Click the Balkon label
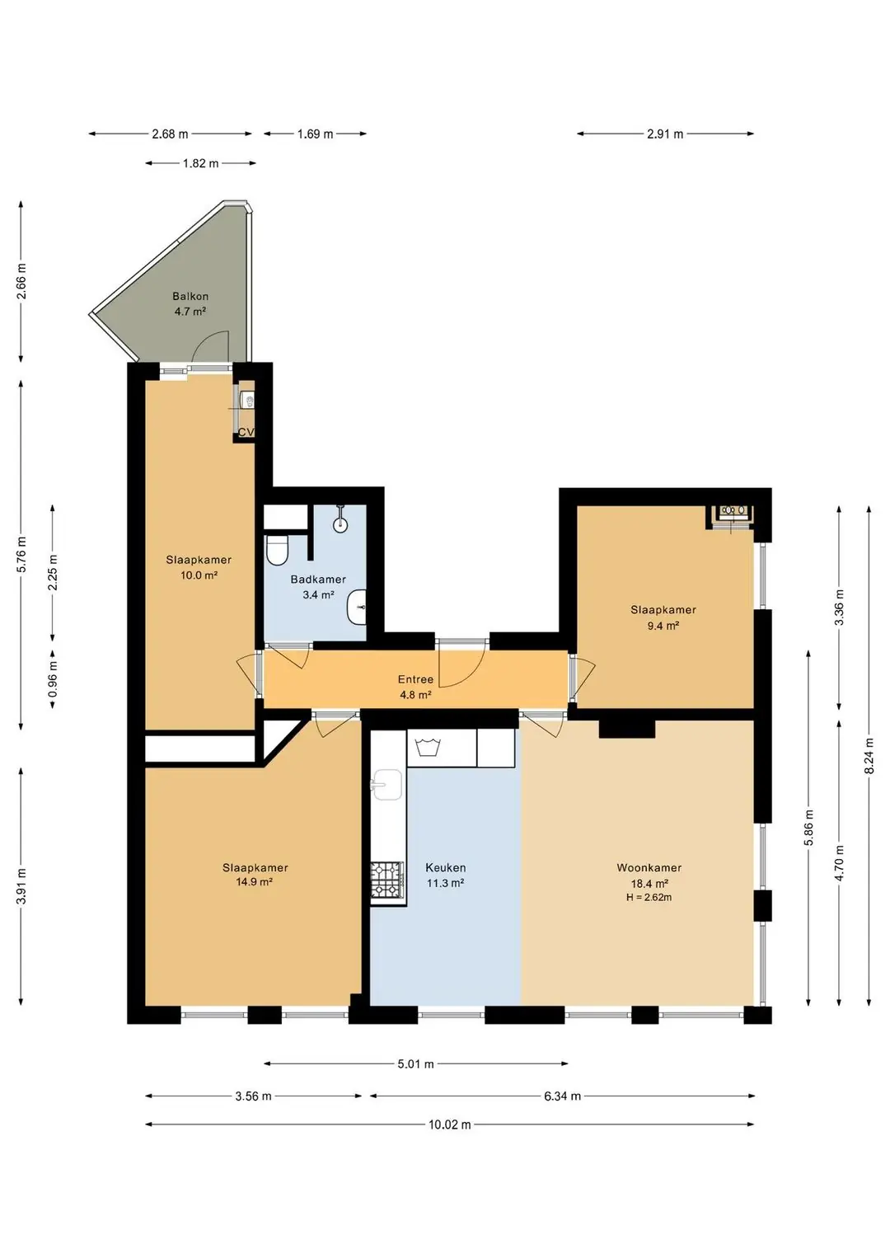(190, 296)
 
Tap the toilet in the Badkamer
(276, 550)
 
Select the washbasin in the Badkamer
(357, 607)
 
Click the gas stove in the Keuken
(386, 880)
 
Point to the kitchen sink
(386, 784)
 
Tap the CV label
(246, 432)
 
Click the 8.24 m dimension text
(869, 755)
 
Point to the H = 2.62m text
(649, 898)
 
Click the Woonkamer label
(649, 868)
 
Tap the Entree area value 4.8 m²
(415, 695)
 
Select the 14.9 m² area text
(255, 882)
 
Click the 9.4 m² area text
(663, 626)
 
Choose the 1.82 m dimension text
(200, 163)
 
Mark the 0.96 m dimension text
(53, 678)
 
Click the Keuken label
(445, 868)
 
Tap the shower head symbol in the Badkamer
(340, 519)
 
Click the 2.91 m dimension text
(665, 134)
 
